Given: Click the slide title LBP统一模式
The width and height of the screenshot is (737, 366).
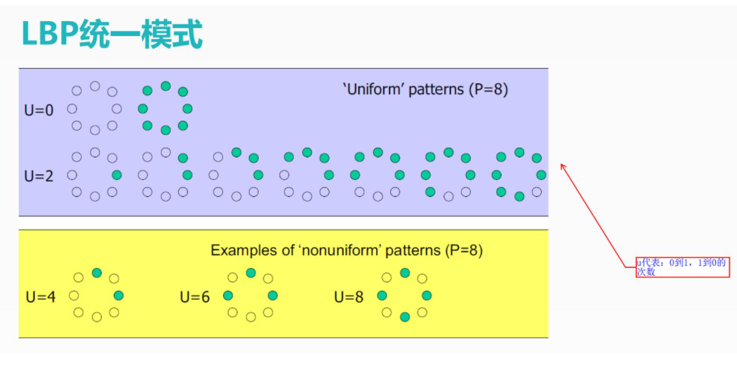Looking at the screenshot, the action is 112,35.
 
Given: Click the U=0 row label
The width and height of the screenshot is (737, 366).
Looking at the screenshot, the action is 39,110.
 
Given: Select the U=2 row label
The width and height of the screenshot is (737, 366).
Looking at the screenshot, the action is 39,177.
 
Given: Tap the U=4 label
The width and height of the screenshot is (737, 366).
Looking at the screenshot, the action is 41,297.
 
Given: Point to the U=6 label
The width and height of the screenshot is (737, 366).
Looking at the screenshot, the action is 194,297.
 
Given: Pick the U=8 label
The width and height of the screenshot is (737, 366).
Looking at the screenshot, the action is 349,297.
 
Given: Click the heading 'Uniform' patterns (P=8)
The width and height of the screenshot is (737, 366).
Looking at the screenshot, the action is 425,89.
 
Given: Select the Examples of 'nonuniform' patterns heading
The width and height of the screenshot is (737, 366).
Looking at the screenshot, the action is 347,250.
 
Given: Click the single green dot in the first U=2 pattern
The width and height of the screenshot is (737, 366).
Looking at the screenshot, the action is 117,175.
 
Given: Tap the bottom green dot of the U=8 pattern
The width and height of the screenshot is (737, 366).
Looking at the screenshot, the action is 405,317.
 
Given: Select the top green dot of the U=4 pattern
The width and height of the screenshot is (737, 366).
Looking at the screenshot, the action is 97,273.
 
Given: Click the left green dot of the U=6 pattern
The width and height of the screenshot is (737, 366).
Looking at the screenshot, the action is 228,296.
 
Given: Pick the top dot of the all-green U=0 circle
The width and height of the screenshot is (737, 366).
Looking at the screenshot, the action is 165,86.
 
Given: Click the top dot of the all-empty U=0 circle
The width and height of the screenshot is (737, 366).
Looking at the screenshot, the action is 95,86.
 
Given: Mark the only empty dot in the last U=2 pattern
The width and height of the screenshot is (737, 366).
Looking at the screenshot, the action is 536,192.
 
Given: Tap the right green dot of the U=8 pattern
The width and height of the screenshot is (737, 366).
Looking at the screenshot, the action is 427,296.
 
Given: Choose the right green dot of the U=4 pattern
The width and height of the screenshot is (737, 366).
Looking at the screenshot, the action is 119,296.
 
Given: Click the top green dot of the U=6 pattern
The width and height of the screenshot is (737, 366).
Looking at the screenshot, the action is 251,273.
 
